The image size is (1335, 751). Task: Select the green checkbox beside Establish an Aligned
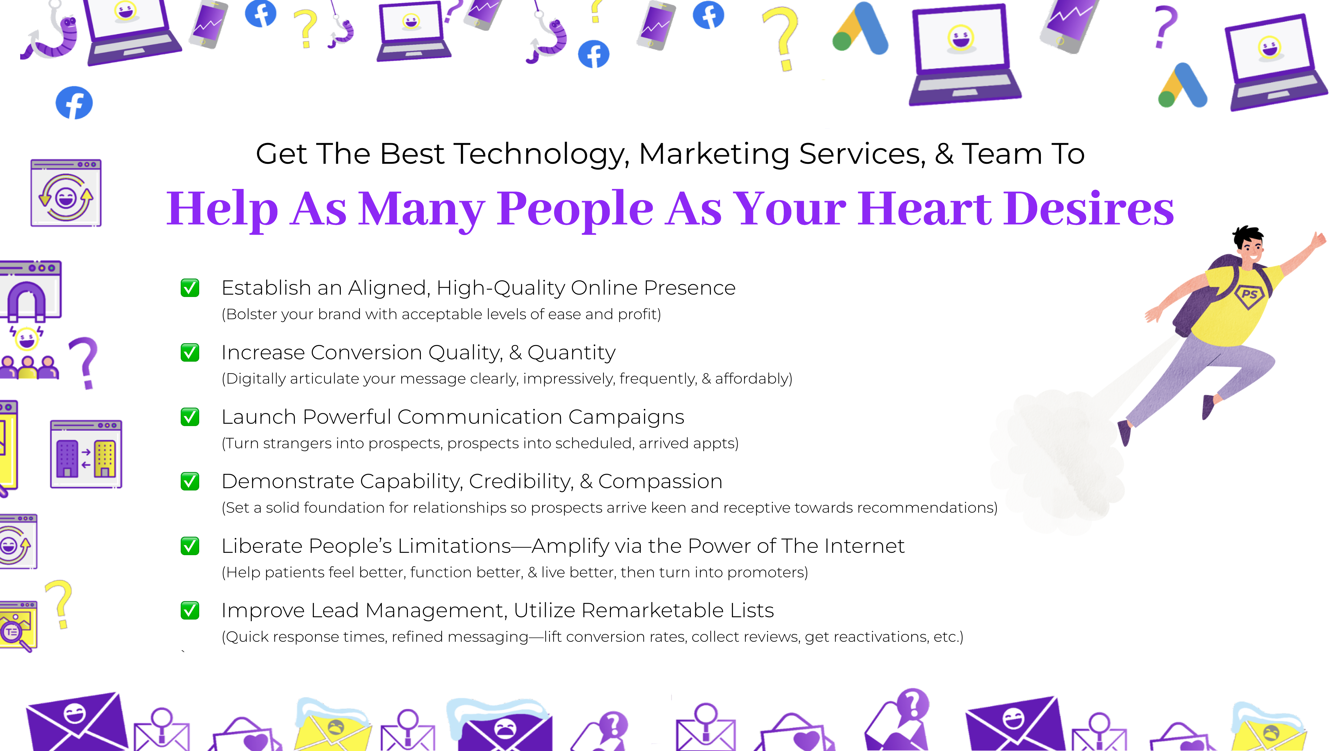pos(190,288)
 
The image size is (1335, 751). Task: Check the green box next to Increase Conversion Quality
pos(190,353)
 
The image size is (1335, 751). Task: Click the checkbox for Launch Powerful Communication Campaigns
pos(190,417)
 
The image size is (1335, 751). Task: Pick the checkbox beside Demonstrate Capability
pos(190,481)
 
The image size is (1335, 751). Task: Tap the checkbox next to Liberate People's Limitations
pos(190,546)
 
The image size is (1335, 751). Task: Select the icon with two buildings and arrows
pos(86,454)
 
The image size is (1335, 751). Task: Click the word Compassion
pos(660,481)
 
